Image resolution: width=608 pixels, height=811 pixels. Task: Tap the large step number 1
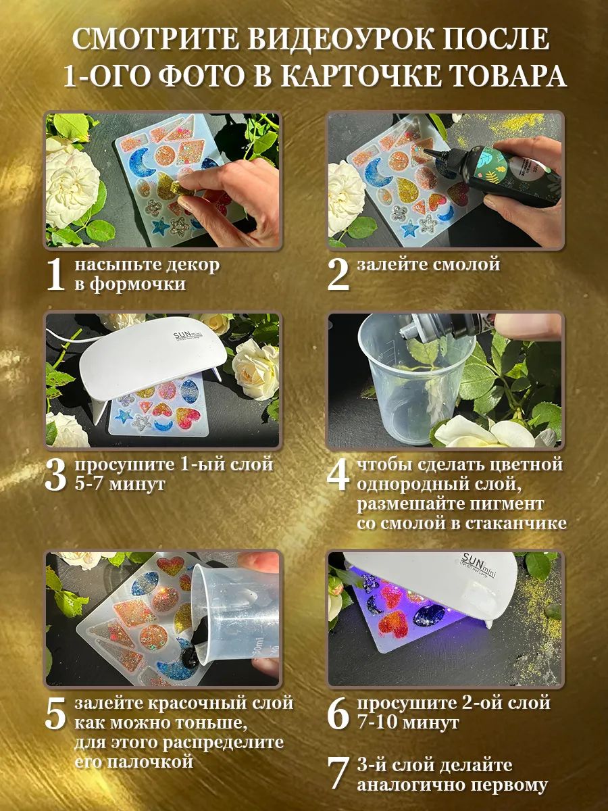point(56,275)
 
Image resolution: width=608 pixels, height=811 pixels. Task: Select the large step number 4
point(338,475)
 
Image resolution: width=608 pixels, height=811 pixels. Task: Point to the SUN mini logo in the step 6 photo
point(479,564)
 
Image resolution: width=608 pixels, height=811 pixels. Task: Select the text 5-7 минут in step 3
point(120,485)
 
